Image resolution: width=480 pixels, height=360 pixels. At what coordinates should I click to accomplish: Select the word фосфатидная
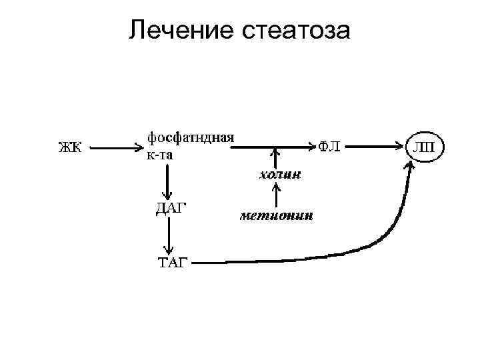pyautogui.click(x=190, y=137)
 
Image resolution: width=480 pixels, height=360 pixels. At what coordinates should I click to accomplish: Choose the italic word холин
pyautogui.click(x=279, y=175)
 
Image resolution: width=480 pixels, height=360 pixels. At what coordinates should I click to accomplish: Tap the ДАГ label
pyautogui.click(x=171, y=207)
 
